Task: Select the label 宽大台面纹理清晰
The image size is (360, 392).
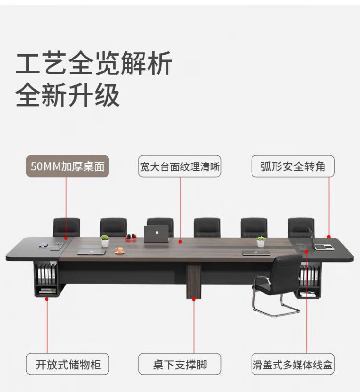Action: pyautogui.click(x=180, y=167)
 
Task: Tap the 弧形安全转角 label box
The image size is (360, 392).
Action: pyautogui.click(x=293, y=166)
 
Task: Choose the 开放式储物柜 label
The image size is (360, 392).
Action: pyautogui.click(x=68, y=364)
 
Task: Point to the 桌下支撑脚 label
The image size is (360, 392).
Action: pyautogui.click(x=180, y=364)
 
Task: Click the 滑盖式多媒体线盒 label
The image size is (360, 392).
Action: pyautogui.click(x=293, y=364)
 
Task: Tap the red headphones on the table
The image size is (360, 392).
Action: pyautogui.click(x=130, y=237)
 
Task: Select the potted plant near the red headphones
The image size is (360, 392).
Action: pyautogui.click(x=105, y=241)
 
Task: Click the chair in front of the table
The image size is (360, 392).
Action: pyautogui.click(x=278, y=283)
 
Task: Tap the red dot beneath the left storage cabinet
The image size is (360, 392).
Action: pyautogui.click(x=47, y=299)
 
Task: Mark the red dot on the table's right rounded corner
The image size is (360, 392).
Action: pyautogui.click(x=329, y=237)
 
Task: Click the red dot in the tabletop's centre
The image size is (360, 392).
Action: pyautogui.click(x=180, y=243)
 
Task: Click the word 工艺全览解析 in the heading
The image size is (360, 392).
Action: pyautogui.click(x=94, y=64)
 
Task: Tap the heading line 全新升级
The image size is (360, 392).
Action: pyautogui.click(x=68, y=95)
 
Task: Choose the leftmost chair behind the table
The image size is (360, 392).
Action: pyautogui.click(x=66, y=226)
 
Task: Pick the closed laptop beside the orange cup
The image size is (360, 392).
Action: pyautogui.click(x=91, y=251)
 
